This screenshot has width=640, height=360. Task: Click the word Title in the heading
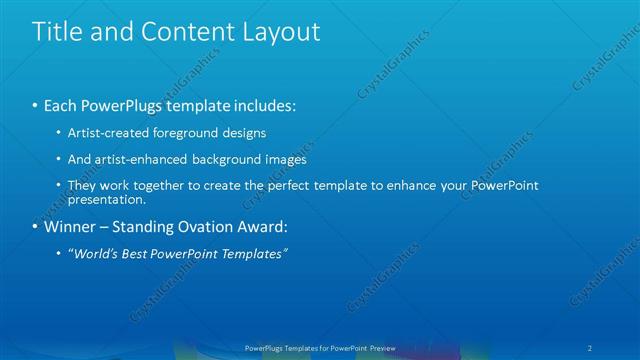pyautogui.click(x=57, y=31)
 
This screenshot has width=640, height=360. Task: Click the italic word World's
pyautogui.click(x=95, y=253)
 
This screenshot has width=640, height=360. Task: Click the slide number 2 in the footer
pyautogui.click(x=592, y=347)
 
